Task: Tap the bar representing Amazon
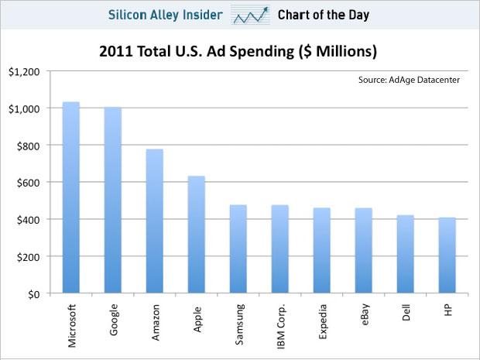[x=154, y=221]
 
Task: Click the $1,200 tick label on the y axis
[x=23, y=71]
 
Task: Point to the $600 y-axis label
[x=27, y=183]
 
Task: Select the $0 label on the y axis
[x=34, y=294]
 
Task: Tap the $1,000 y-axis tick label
[x=23, y=108]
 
